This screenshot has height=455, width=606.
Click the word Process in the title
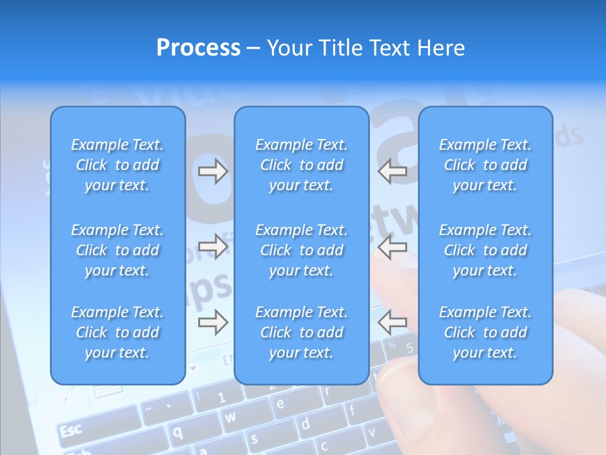[198, 48]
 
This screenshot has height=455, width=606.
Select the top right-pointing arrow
[213, 171]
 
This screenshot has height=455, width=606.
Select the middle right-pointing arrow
[213, 246]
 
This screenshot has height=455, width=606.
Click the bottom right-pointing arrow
[213, 322]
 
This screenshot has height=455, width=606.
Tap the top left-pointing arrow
[393, 171]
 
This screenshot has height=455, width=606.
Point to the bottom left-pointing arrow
[393, 322]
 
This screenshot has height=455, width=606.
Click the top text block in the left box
[117, 165]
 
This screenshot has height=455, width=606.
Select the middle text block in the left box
[117, 250]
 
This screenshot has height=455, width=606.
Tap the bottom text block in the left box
[117, 332]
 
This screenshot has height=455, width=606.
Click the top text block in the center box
[301, 165]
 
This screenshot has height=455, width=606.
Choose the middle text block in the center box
[301, 250]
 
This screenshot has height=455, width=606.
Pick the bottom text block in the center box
[301, 332]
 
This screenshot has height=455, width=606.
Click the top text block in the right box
[485, 165]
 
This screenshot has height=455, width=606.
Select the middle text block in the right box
[485, 250]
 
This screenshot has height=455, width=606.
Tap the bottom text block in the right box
[485, 332]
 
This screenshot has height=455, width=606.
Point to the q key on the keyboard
[179, 432]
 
